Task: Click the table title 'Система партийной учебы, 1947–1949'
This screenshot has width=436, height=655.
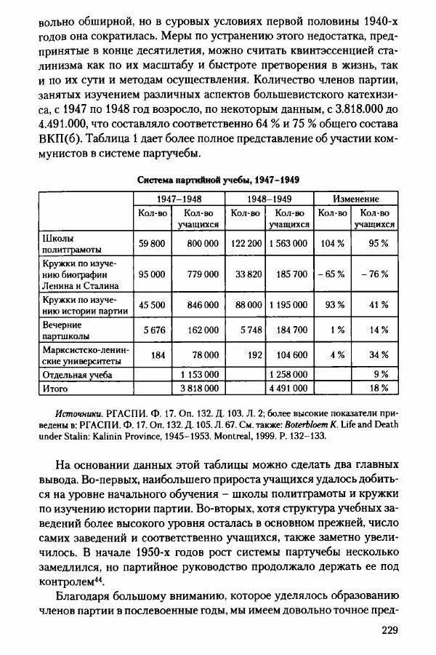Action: [218, 179]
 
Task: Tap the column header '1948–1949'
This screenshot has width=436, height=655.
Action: [269, 199]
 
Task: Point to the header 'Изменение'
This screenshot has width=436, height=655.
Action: [356, 199]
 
